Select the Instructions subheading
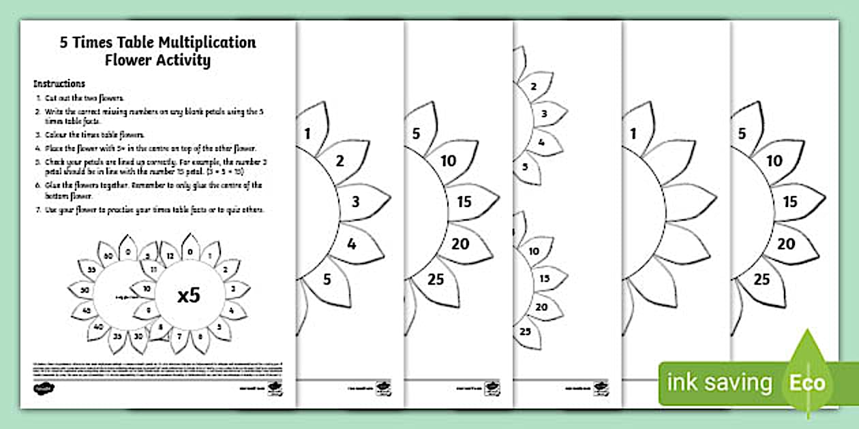(x=59, y=84)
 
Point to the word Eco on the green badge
(x=809, y=383)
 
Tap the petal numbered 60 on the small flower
(x=108, y=255)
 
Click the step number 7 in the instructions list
(x=38, y=209)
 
